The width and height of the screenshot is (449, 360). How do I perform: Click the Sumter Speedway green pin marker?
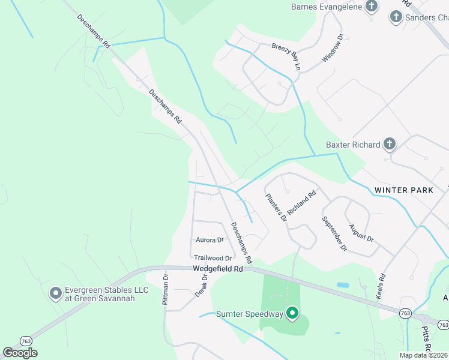(x=292, y=313)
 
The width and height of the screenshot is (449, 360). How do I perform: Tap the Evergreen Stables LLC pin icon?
(x=55, y=293)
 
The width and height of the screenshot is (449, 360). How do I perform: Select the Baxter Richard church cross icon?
(x=390, y=144)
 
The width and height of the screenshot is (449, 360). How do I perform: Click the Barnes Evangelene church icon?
(x=372, y=7)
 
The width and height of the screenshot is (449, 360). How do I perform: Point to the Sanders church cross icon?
(x=396, y=17)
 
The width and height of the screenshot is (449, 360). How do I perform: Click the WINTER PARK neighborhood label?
(x=403, y=190)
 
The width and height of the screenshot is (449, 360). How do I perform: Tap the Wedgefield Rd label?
(x=217, y=269)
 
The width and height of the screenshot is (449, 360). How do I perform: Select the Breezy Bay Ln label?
(x=286, y=55)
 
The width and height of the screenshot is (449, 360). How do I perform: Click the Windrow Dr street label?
(x=334, y=49)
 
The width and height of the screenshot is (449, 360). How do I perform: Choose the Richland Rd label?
(x=302, y=204)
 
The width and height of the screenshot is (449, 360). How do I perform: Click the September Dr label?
(x=334, y=233)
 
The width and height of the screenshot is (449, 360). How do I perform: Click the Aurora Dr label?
(x=209, y=239)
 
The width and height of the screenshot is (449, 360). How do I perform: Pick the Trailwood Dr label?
(x=212, y=257)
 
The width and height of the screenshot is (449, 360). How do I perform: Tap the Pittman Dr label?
(x=166, y=289)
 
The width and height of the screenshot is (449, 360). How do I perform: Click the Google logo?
(x=20, y=352)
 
